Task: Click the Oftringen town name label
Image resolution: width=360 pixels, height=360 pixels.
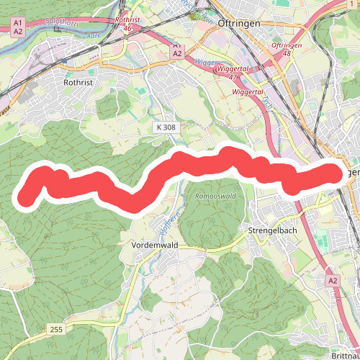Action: point(253,22)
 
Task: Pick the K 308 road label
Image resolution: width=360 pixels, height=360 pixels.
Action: point(165,127)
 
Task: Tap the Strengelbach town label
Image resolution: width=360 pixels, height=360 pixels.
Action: point(272,230)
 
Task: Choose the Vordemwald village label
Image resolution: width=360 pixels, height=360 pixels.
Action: point(155,246)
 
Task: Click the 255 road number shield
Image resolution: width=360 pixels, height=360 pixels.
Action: point(57,329)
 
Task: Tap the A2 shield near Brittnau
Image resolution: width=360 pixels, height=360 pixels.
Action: point(333,280)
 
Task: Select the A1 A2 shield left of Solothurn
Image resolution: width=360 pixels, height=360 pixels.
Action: point(18,27)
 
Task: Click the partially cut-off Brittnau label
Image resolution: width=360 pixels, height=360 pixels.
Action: point(346,355)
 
